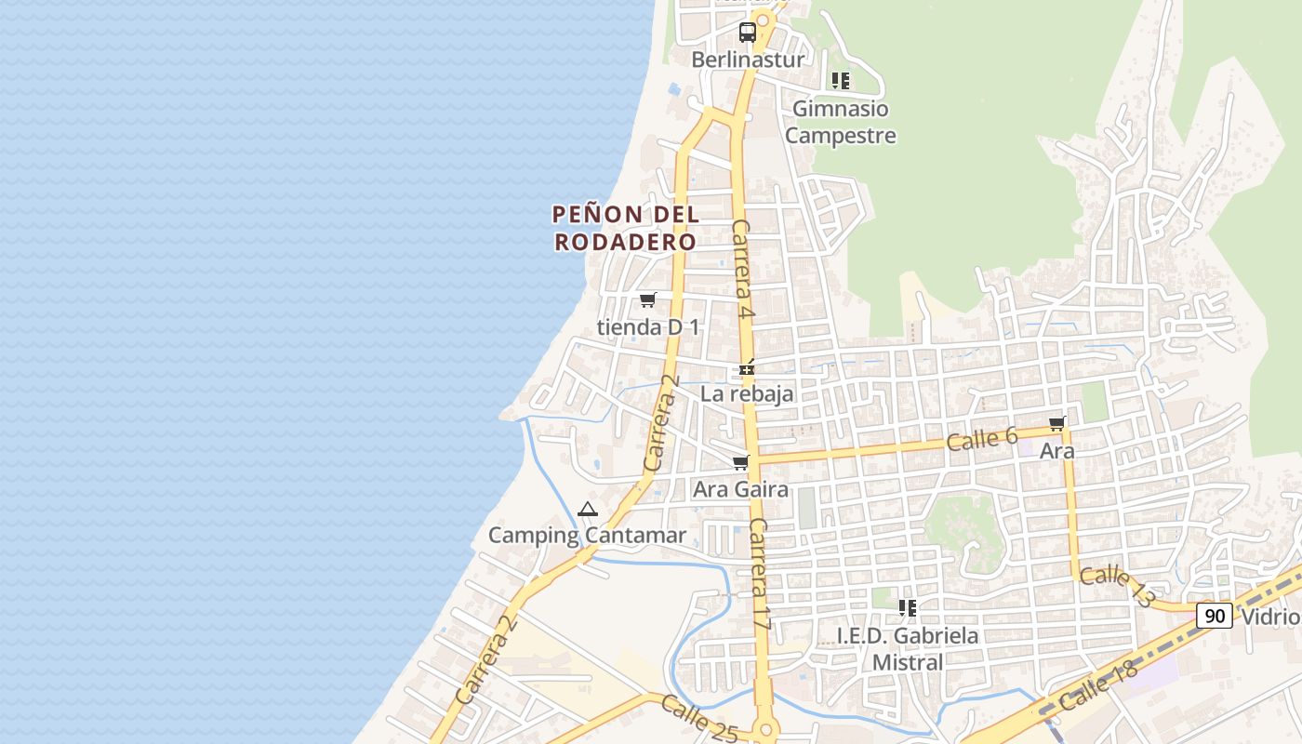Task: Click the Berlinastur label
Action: coord(748,60)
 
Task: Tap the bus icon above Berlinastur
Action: coord(748,33)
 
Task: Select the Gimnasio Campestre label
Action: coord(840,122)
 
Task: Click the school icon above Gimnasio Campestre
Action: coord(841,81)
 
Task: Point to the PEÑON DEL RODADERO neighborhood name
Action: coord(625,228)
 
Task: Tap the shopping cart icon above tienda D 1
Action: coord(647,299)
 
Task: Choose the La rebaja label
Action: coord(747,393)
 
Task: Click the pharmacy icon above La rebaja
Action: coord(746,369)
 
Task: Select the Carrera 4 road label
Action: coord(742,270)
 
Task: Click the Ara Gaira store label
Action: coord(740,489)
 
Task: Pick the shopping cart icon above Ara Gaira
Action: coord(740,462)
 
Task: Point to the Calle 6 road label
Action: coord(982,439)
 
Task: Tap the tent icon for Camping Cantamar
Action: coord(587,509)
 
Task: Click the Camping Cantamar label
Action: coord(587,536)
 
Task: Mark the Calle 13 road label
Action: coord(1117,587)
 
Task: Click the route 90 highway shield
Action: coord(1214,615)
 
